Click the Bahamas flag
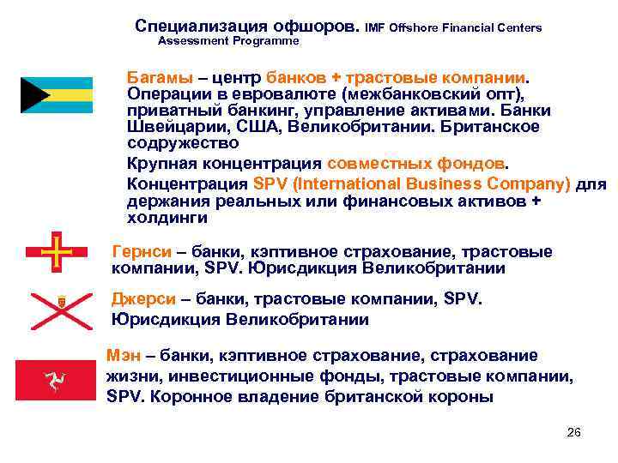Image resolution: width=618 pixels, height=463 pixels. tap(56, 95)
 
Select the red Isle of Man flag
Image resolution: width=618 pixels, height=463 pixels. tap(57, 378)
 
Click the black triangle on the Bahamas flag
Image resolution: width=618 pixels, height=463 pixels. tap(32, 95)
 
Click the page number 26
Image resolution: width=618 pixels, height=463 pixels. tap(574, 432)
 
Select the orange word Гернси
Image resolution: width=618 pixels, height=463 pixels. tap(141, 252)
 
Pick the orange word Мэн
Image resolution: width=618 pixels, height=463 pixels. tap(124, 355)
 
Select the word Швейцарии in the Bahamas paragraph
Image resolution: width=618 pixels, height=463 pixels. tap(166, 127)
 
